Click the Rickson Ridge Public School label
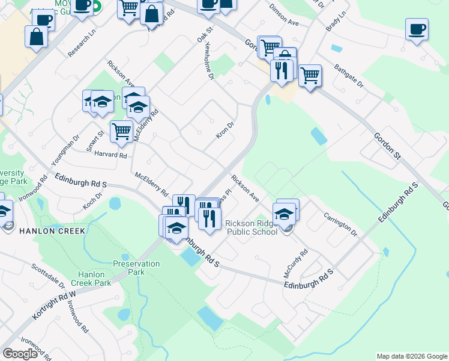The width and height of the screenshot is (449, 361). (253, 229)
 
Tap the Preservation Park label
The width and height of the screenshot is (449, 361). (137, 268)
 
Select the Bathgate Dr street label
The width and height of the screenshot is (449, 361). (349, 75)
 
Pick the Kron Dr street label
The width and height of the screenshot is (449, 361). (225, 129)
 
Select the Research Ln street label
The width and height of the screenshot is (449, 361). (82, 43)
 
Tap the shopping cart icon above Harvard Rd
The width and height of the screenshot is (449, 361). (121, 131)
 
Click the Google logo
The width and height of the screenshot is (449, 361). (20, 354)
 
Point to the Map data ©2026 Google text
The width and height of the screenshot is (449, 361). (411, 356)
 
